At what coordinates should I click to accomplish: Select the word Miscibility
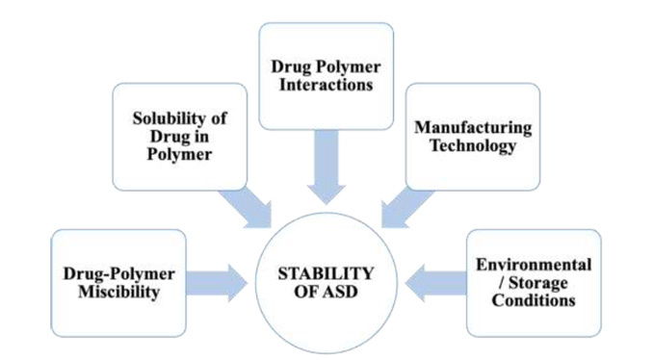tap(118, 292)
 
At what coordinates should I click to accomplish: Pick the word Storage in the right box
tap(535, 281)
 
